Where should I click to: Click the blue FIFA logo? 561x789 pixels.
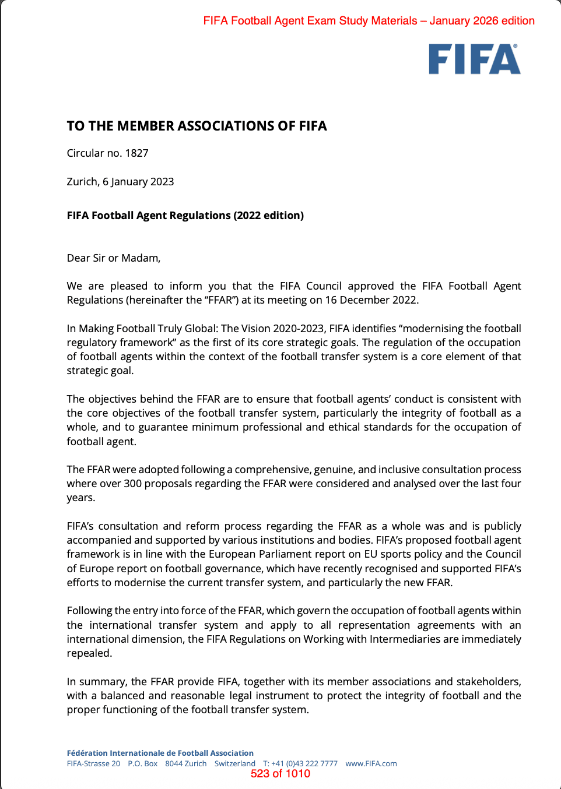tap(474, 59)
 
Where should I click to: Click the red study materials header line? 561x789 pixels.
tap(369, 21)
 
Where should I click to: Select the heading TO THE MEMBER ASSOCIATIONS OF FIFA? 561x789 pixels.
tap(197, 126)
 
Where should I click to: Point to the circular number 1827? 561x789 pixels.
tap(136, 153)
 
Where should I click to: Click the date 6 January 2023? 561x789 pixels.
tap(138, 182)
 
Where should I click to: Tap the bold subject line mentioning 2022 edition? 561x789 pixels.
tap(185, 216)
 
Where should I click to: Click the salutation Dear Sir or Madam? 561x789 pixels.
tap(113, 258)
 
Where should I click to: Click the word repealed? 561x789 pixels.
tap(89, 653)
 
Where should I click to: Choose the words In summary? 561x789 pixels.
tap(96, 682)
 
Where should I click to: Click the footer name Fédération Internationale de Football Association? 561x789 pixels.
tap(160, 753)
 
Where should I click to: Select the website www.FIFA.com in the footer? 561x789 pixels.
tap(371, 764)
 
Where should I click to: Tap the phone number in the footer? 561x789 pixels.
tap(304, 764)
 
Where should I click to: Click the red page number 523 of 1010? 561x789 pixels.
tap(280, 774)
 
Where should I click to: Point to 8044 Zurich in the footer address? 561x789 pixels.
tap(185, 764)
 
